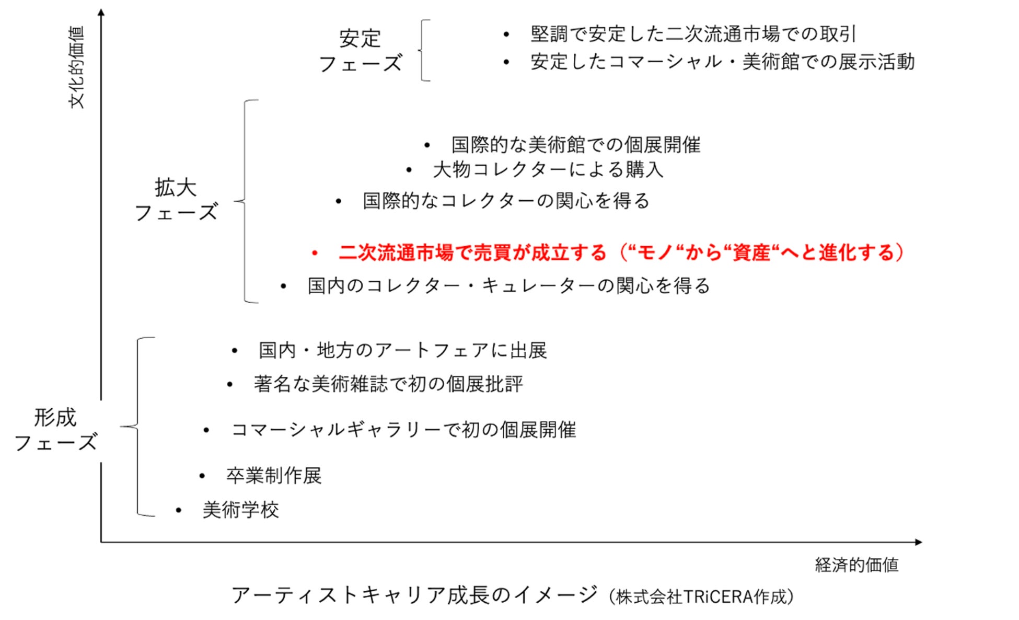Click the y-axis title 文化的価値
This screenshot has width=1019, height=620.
click(x=77, y=67)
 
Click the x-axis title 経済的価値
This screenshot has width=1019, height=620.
click(x=856, y=565)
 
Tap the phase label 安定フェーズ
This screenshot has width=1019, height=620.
click(x=360, y=51)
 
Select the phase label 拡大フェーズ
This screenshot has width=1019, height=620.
click(x=176, y=200)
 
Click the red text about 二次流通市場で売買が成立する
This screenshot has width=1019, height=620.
click(x=621, y=253)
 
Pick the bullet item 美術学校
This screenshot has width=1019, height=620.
click(x=240, y=510)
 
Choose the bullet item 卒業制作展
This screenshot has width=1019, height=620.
click(x=273, y=476)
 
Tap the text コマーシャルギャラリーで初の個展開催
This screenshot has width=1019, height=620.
click(x=403, y=430)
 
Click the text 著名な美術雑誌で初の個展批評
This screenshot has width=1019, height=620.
click(x=388, y=385)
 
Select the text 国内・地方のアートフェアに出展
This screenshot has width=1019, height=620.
click(x=402, y=351)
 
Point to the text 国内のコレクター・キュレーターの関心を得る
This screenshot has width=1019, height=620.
click(x=509, y=286)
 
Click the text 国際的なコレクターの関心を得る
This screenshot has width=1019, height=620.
click(x=506, y=201)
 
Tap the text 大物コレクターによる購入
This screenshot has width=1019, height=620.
click(x=548, y=170)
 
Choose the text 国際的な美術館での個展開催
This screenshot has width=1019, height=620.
click(x=576, y=145)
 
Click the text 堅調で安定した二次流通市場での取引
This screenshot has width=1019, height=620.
click(x=693, y=35)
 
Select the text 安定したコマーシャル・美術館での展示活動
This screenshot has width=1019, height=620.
click(x=722, y=62)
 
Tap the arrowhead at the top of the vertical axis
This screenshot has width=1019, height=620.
click(x=101, y=12)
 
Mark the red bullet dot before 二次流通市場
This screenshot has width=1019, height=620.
click(x=315, y=254)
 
